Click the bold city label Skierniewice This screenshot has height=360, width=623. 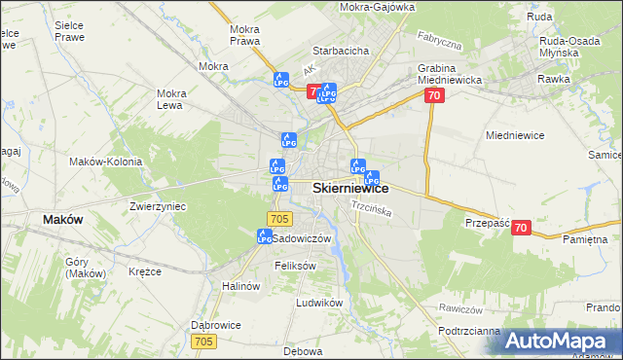tap(350, 189)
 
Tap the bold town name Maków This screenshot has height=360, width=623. tap(63, 220)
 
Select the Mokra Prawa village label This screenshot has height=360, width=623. tap(243, 35)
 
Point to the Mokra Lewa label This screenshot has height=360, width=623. tap(171, 99)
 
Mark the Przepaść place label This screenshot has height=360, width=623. tap(488, 222)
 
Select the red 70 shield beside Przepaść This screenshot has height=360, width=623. tap(521, 227)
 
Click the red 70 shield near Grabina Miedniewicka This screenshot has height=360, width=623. tap(434, 95)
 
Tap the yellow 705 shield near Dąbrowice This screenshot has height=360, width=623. tap(203, 341)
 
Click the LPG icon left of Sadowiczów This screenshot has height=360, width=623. tap(264, 236)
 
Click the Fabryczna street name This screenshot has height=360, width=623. tap(438, 44)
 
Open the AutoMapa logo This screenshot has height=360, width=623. tap(562, 341)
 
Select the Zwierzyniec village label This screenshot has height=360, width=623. tap(158, 206)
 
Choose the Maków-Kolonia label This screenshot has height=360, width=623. tap(106, 162)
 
